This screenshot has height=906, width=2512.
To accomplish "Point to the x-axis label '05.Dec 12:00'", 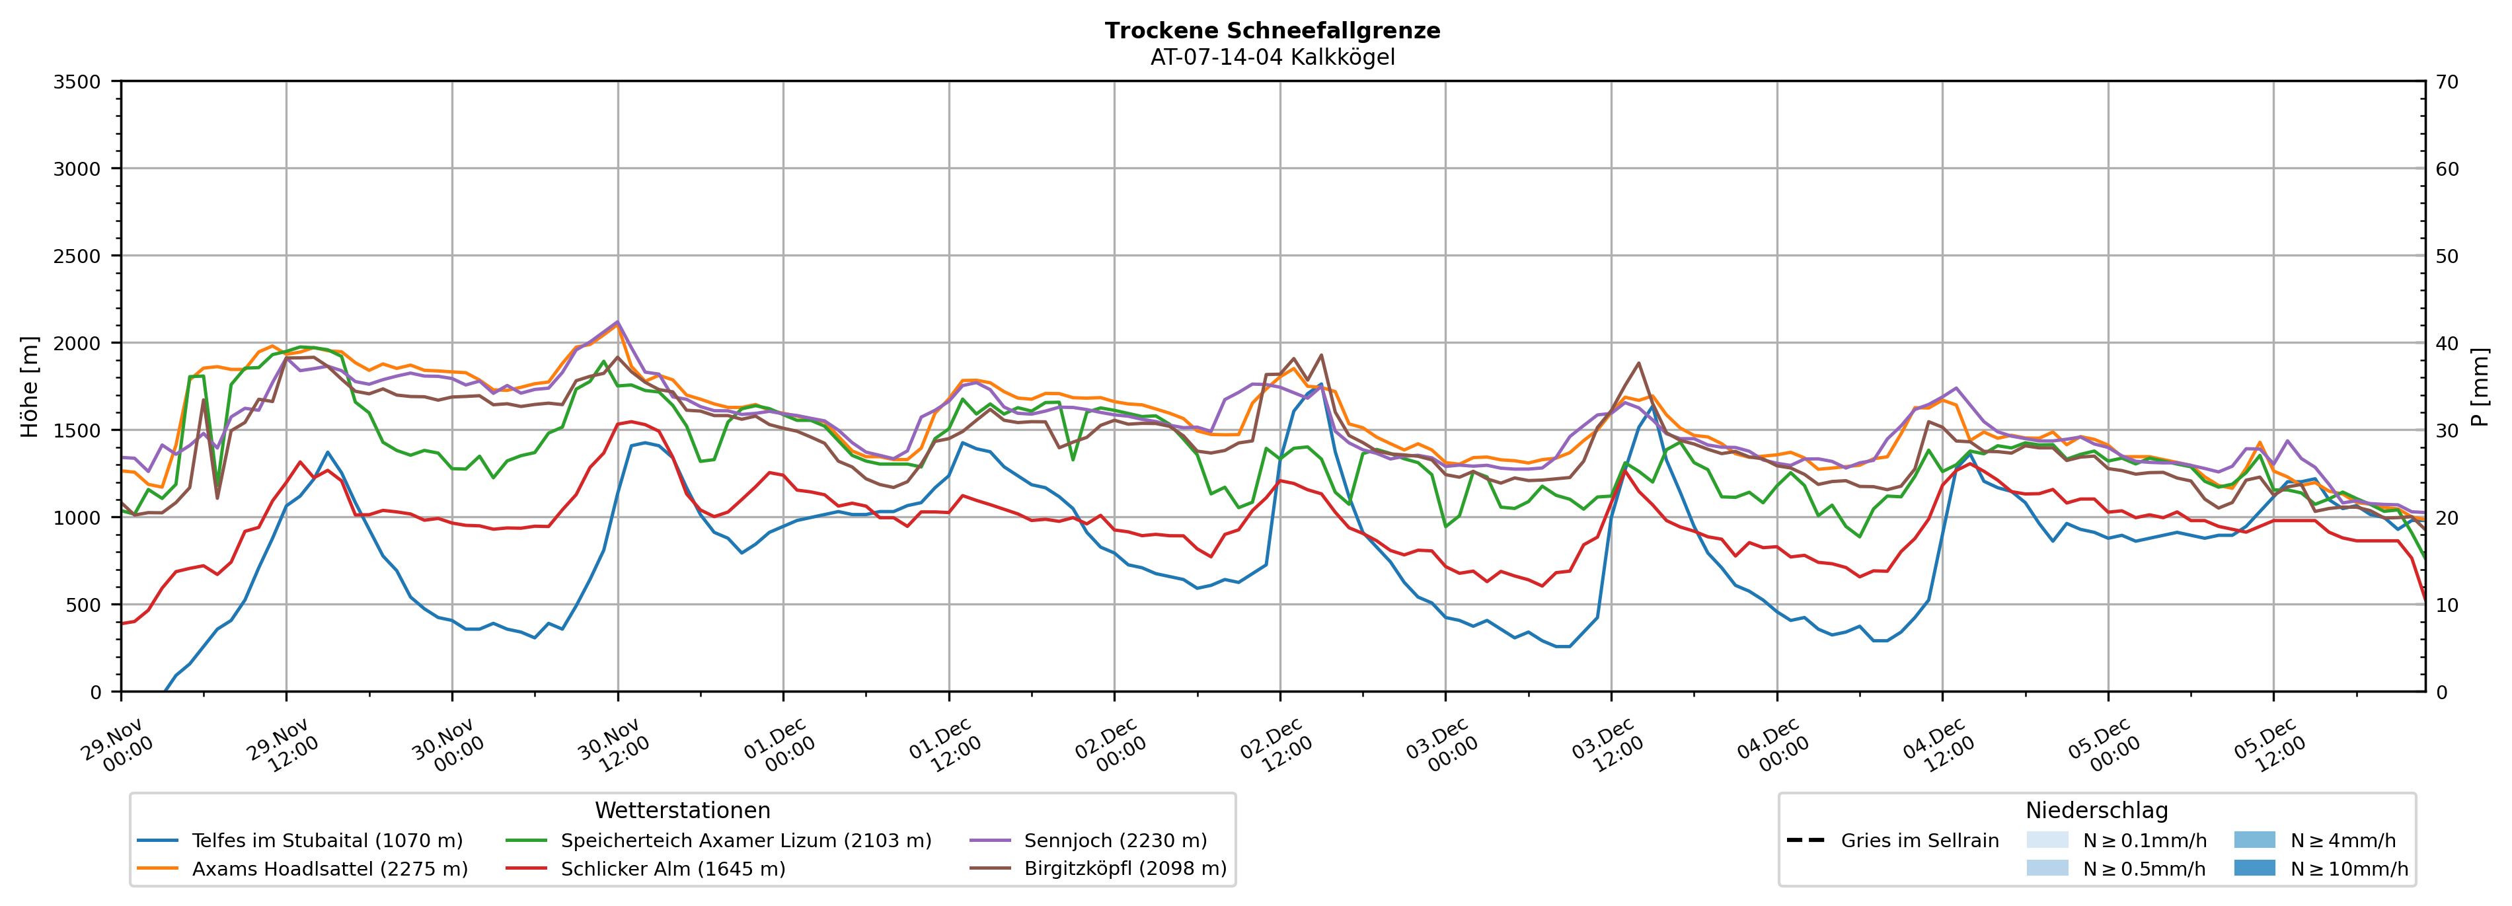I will pos(2270,746).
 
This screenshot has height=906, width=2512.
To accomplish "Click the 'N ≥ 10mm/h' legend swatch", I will pos(2254,868).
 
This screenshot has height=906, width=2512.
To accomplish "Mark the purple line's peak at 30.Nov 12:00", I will pos(617,322).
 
